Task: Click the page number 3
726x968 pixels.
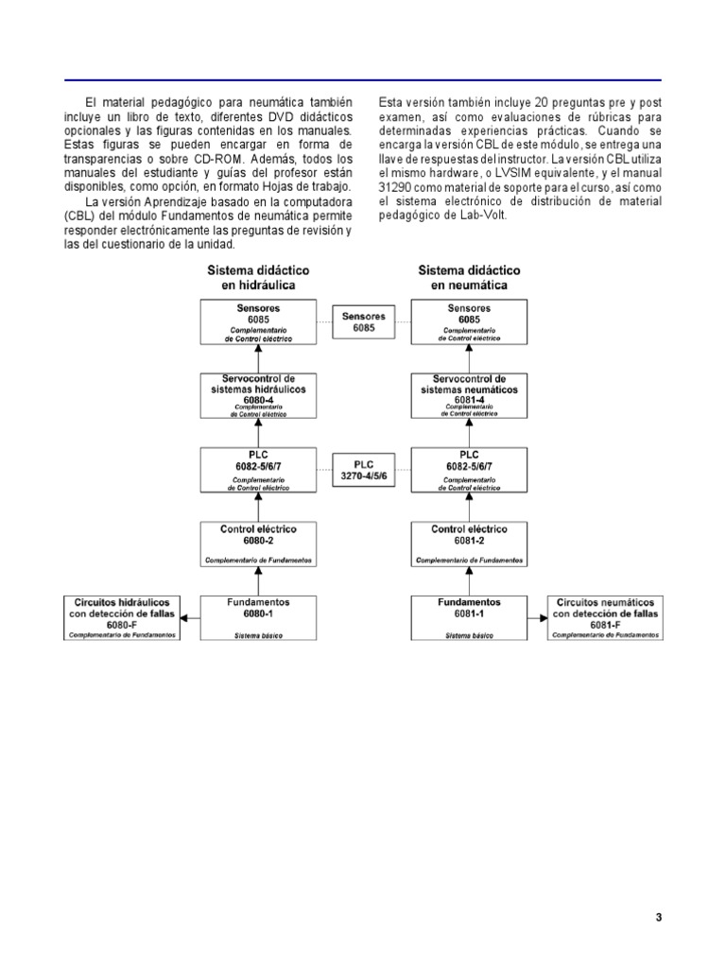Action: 659,917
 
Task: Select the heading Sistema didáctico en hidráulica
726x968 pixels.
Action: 258,277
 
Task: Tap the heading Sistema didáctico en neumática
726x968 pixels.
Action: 470,277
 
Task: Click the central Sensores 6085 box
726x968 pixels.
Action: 364,321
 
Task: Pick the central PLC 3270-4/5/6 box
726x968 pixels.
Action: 364,471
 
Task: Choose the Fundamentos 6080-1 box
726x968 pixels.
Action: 258,617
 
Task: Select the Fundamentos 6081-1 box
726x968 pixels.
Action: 470,617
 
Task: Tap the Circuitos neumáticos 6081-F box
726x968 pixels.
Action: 606,617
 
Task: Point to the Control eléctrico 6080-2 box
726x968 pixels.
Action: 258,544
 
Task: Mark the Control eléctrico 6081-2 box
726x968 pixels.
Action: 470,544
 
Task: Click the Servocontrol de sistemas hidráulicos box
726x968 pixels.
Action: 258,395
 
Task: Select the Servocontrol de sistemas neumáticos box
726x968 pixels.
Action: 470,395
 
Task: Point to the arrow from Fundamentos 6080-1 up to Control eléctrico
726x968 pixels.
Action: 258,581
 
